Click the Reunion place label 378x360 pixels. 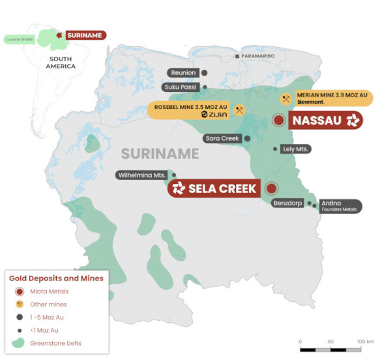tap(183, 72)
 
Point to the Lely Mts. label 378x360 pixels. tap(295, 149)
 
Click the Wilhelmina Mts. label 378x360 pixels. tap(141, 175)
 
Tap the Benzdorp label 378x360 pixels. tap(287, 203)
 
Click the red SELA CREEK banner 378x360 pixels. tap(214, 188)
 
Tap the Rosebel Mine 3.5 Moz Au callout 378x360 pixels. tap(196, 110)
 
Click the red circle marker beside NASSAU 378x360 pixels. tap(278, 120)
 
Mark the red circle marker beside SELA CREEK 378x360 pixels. tap(272, 188)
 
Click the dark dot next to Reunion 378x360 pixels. tap(205, 72)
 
